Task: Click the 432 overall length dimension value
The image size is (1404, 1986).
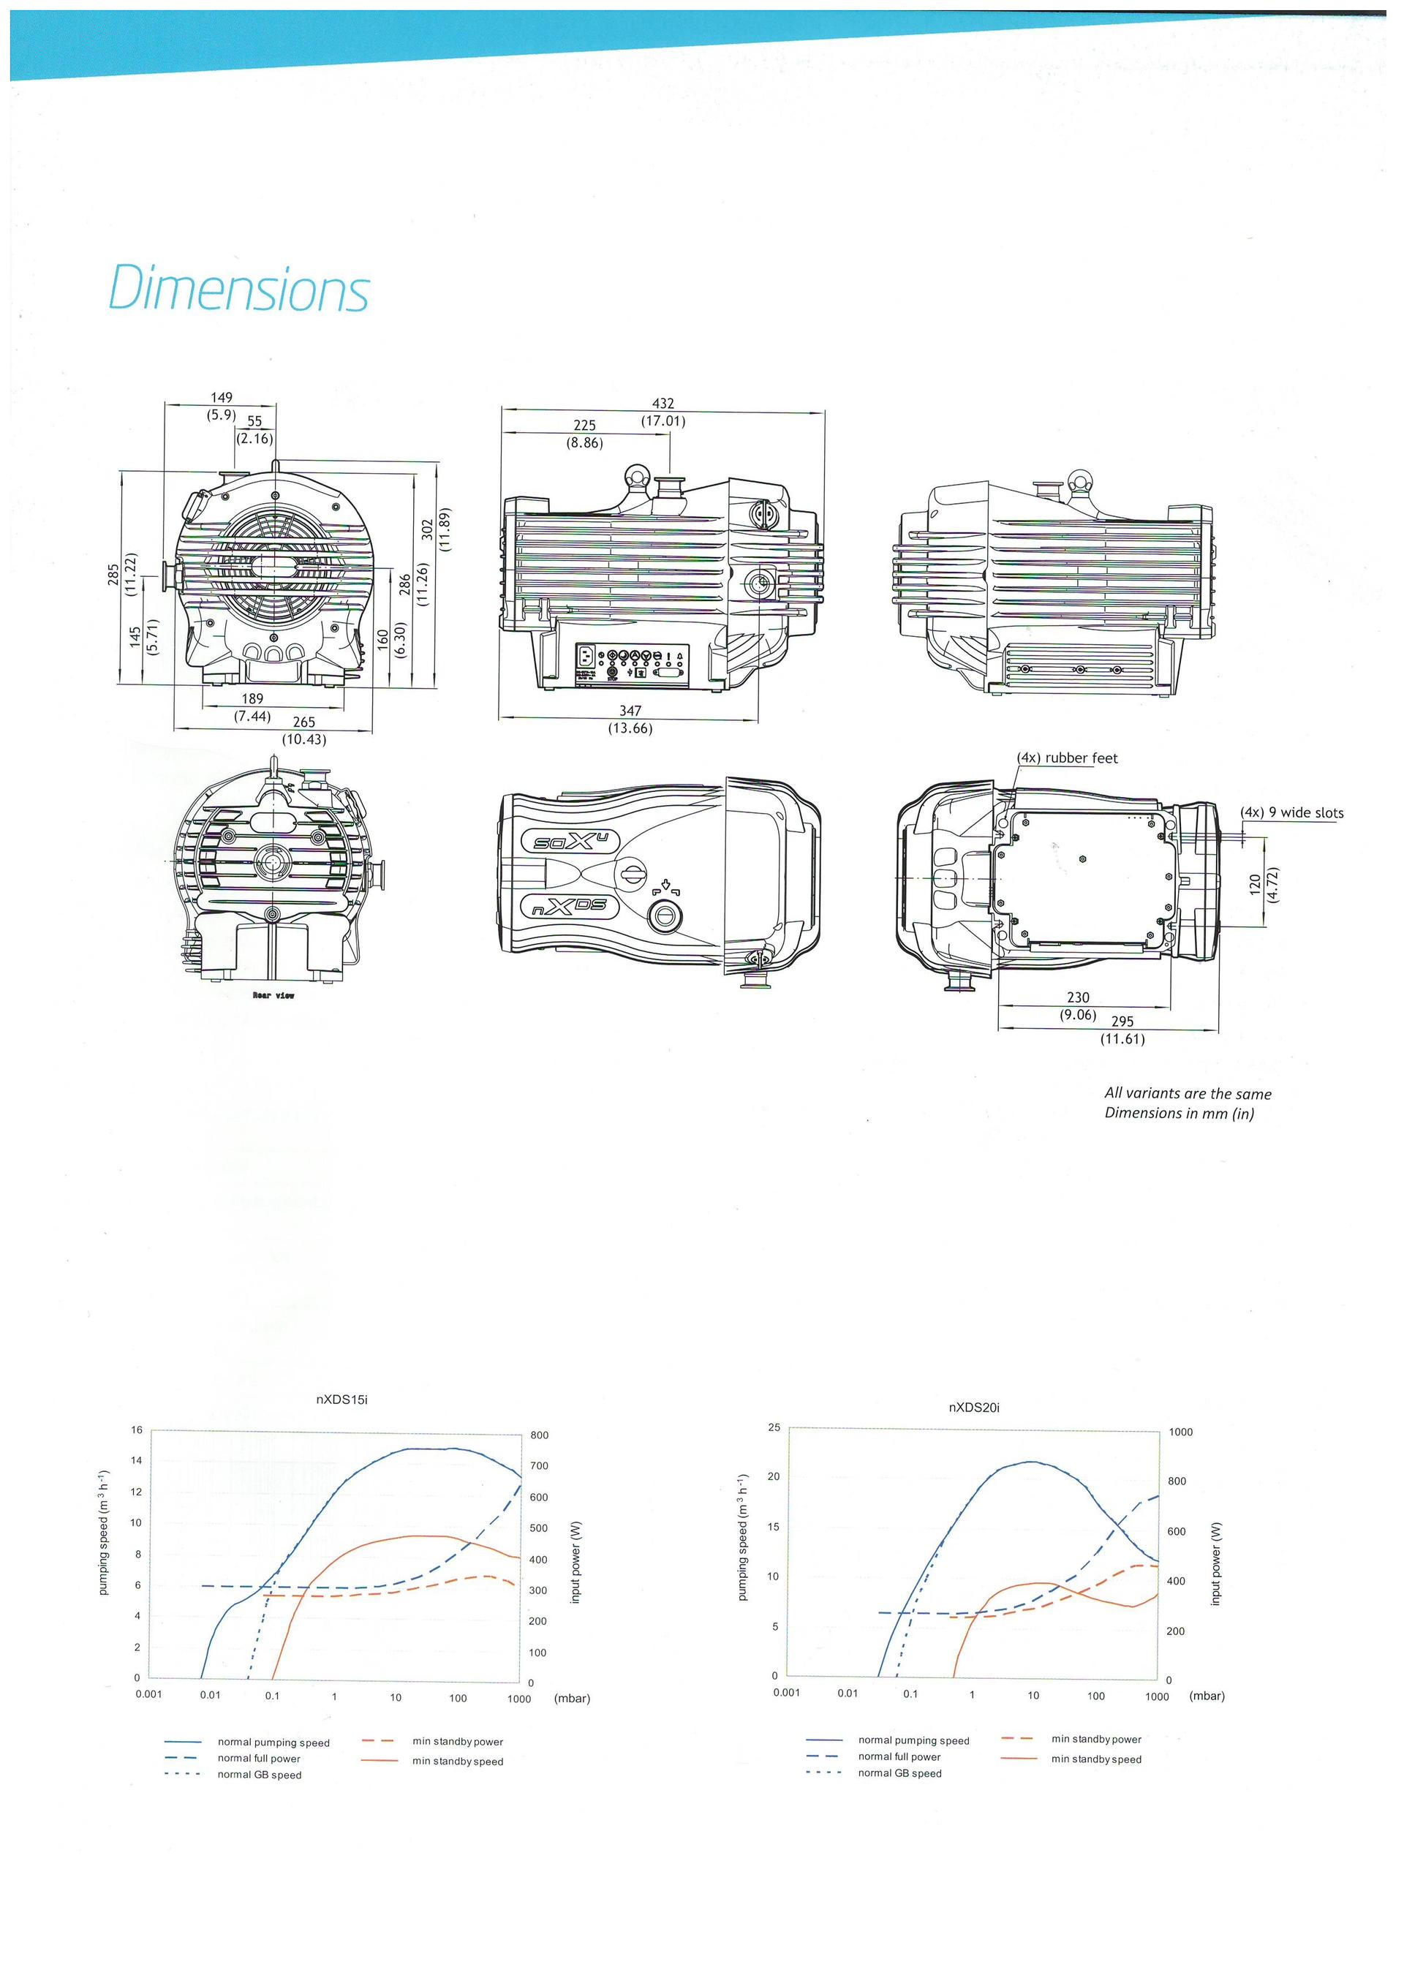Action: tap(663, 403)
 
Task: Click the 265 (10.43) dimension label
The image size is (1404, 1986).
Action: tap(303, 730)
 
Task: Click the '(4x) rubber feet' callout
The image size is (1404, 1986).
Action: tap(1067, 758)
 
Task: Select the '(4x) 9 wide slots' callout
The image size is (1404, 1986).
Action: tap(1291, 812)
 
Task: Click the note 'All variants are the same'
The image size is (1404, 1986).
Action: tap(1188, 1093)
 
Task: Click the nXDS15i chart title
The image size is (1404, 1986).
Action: tap(341, 1400)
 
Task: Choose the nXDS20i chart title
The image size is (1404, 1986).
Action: tap(974, 1408)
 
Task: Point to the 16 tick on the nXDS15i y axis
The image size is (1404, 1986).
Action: tap(136, 1430)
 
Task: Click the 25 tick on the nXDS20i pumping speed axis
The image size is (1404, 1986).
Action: tap(774, 1427)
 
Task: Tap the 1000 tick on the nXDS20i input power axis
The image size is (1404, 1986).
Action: tap(1180, 1432)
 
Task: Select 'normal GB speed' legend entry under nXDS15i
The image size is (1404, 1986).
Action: tap(259, 1775)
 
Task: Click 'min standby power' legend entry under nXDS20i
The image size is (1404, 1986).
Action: tap(1096, 1739)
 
